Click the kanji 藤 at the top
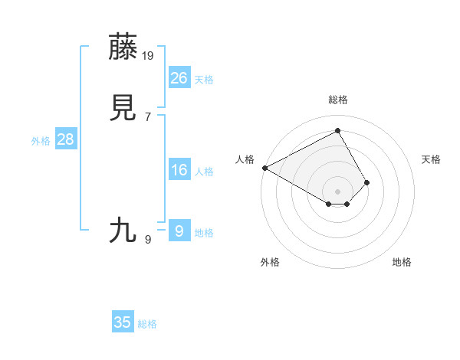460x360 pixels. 123,47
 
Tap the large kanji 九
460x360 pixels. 123,230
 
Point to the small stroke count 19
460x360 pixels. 149,55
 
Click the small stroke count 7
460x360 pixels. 147,116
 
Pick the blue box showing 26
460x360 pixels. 179,77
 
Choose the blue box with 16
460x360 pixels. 179,170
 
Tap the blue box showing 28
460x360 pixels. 65,139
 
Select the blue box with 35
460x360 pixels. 123,322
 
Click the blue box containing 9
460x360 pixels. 179,231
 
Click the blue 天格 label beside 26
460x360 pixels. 204,80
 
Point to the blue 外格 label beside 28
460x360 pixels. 41,141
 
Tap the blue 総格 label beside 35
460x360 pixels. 147,325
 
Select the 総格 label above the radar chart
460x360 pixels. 337,100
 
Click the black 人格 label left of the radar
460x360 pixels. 245,159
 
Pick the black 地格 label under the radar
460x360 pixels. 402,262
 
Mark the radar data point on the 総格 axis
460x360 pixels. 337,130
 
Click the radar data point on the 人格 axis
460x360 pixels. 264,167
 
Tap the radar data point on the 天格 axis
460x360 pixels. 367,182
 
